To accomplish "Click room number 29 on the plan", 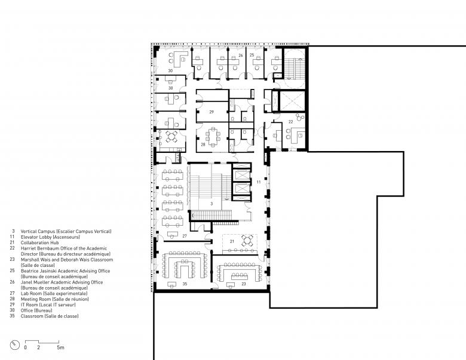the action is (x=211, y=112).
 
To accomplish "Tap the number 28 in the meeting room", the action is (x=203, y=144).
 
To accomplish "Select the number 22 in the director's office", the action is (x=291, y=122).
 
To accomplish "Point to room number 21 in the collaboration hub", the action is (x=232, y=241).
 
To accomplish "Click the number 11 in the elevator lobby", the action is (x=259, y=181).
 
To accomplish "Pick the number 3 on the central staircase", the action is (x=211, y=204).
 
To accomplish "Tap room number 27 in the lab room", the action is (x=185, y=236).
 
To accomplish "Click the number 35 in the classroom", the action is (x=185, y=284).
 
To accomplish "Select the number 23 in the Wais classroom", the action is (x=244, y=284).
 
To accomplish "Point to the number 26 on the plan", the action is (x=241, y=56).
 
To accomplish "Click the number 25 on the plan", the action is (x=252, y=56).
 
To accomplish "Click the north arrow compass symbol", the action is (x=14, y=345).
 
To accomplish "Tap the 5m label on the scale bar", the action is (x=60, y=347).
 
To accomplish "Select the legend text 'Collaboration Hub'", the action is (x=40, y=242).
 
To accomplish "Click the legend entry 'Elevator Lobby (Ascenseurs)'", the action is (x=50, y=237).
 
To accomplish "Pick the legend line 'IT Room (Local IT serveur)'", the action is (x=48, y=304).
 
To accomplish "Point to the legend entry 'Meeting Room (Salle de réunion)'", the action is (x=55, y=299).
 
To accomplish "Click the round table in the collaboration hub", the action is (x=247, y=240).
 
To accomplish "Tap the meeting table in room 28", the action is (x=213, y=137).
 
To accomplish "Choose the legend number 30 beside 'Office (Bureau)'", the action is (x=12, y=310).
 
